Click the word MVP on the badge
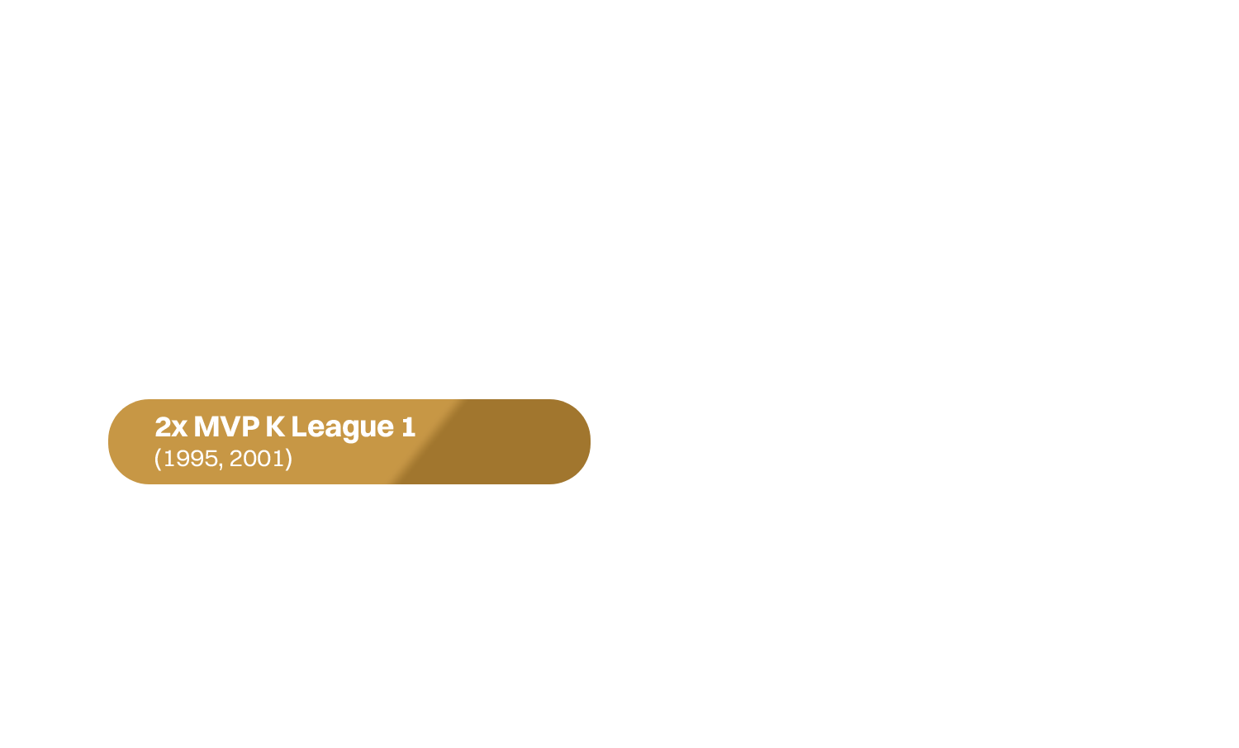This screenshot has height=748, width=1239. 227,426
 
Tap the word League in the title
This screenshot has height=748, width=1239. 342,427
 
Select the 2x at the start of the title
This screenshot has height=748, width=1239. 171,426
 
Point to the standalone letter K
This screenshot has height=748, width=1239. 274,426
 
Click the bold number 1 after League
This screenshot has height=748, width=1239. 408,426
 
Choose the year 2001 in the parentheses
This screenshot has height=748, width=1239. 257,458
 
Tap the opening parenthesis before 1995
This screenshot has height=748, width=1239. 158,459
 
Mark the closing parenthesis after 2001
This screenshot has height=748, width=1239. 288,459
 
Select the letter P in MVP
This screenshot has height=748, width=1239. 250,426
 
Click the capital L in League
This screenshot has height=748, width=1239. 298,426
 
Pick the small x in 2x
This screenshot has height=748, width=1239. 180,429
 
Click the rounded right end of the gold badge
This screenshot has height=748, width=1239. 580,441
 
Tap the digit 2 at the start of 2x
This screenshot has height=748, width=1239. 164,426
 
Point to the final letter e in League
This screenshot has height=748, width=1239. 385,429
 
